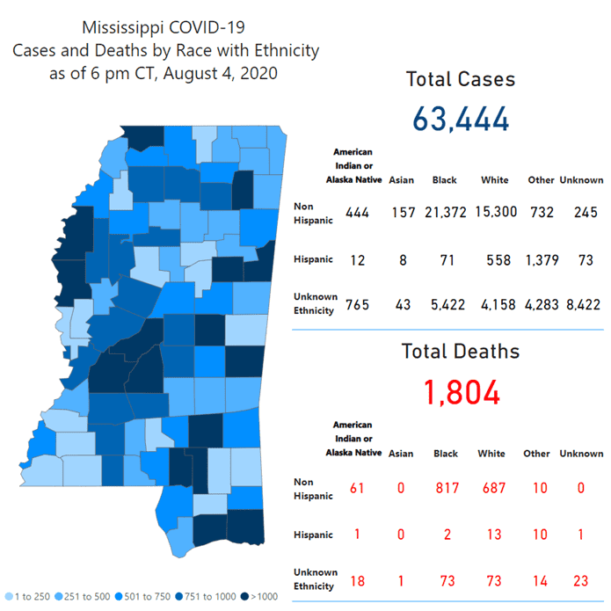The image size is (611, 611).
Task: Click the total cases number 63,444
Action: [460, 117]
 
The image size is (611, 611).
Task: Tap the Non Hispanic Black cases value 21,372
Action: [444, 212]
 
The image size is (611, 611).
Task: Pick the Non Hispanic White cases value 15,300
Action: [495, 212]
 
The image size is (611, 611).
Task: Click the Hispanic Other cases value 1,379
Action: [541, 260]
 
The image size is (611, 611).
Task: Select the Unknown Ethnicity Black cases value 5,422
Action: [444, 305]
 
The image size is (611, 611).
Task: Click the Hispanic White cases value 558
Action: [497, 260]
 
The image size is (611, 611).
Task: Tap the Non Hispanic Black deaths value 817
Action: [446, 487]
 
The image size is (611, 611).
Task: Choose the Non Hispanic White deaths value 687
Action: [491, 487]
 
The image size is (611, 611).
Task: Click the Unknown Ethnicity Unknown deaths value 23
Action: [581, 580]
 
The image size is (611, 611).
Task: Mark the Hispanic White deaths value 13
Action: [491, 534]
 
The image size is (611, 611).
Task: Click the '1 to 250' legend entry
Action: [30, 597]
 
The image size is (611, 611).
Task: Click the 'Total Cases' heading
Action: [461, 79]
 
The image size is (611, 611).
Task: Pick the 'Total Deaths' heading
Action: [461, 351]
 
